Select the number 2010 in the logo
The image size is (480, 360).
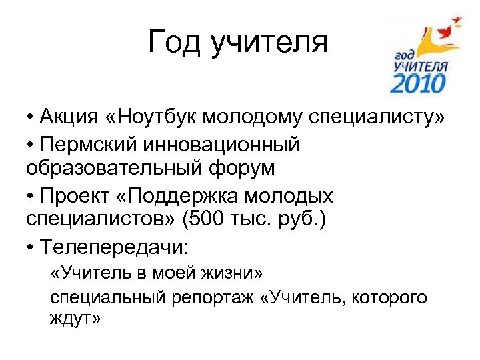click(x=417, y=83)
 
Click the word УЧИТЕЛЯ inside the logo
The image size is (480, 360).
click(x=420, y=66)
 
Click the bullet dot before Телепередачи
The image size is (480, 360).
click(x=31, y=249)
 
